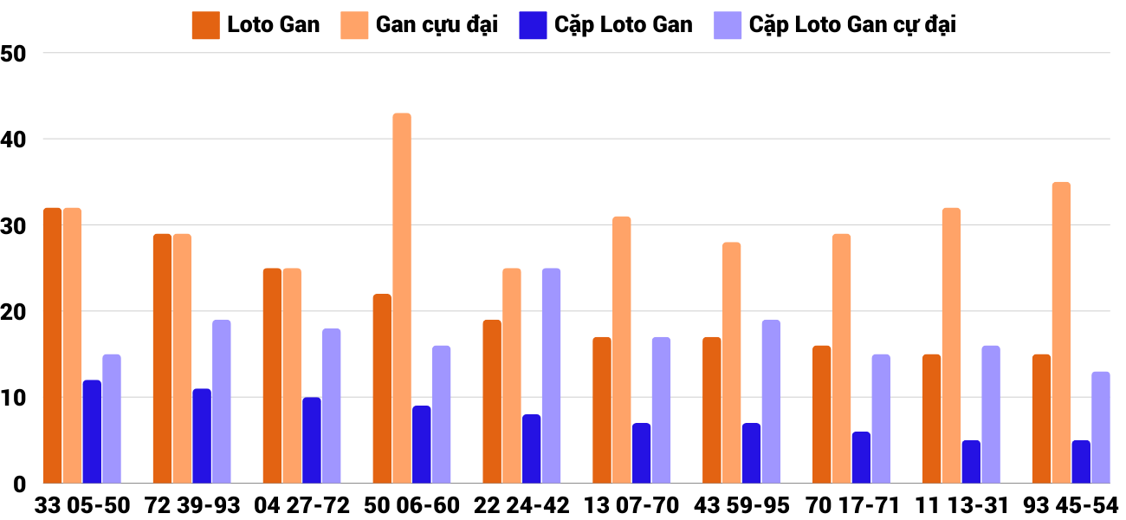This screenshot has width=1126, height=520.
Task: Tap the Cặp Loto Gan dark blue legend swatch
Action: point(532,25)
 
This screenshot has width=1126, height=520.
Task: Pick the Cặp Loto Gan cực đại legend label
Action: point(852,24)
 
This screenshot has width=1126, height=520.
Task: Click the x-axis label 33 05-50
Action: point(81,505)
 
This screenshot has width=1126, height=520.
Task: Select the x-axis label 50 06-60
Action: point(411,505)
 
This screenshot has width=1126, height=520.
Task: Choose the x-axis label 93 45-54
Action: point(1071,505)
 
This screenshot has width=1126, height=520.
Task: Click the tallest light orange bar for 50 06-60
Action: point(402,298)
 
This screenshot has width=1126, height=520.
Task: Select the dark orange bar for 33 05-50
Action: point(52,346)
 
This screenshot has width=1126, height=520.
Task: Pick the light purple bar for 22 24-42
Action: point(551,376)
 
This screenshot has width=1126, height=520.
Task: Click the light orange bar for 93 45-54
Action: point(1061,333)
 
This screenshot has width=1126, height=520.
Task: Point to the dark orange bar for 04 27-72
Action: point(272,376)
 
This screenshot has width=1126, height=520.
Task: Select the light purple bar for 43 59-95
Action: point(771,402)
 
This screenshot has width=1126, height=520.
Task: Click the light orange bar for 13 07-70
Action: point(622,350)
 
